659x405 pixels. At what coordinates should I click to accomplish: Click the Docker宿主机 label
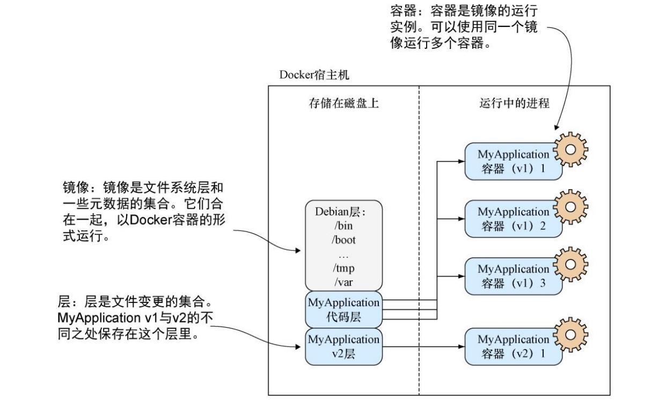pos(314,75)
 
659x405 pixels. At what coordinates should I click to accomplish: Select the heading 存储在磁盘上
pos(343,103)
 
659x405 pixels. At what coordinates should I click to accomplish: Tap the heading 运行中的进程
pos(514,103)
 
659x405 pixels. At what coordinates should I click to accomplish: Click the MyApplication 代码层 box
pos(343,310)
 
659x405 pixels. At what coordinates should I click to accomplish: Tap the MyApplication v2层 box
pos(343,346)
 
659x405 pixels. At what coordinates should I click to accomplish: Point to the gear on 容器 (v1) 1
pos(570,149)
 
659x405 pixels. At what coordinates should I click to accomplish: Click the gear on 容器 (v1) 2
pos(570,206)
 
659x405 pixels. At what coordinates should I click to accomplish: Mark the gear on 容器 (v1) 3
pos(570,264)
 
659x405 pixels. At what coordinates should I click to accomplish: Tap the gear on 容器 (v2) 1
pos(570,335)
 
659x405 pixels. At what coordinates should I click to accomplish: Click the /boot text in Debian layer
pos(344,240)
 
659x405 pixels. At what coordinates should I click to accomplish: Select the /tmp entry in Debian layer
pos(344,268)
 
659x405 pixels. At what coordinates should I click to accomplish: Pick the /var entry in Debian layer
pos(344,281)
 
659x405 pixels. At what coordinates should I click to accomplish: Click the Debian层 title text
pos(343,212)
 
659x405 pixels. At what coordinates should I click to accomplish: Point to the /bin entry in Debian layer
pos(344,226)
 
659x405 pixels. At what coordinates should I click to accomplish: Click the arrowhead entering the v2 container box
pos(461,347)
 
